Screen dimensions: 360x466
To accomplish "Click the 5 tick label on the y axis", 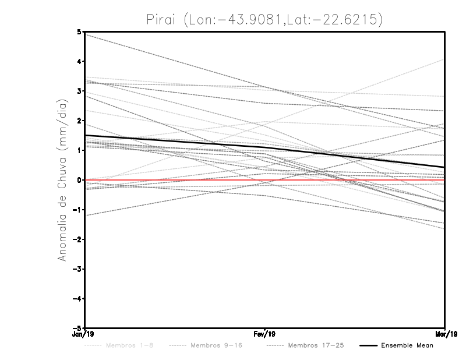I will [x=79, y=31].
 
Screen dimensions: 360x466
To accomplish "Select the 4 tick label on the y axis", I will [x=79, y=61].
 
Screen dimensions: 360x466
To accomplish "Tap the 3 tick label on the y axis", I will [x=79, y=91].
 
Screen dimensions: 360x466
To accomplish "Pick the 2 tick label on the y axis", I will [x=79, y=121].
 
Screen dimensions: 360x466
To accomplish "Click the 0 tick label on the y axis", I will [x=79, y=180].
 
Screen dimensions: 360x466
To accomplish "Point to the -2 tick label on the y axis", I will [x=77, y=239].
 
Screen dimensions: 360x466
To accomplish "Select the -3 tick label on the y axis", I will [x=77, y=269].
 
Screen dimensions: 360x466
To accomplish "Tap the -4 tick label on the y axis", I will [x=77, y=299].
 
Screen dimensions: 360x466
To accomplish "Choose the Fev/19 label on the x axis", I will [x=265, y=335].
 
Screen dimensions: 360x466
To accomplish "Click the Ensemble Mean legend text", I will [x=407, y=345].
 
